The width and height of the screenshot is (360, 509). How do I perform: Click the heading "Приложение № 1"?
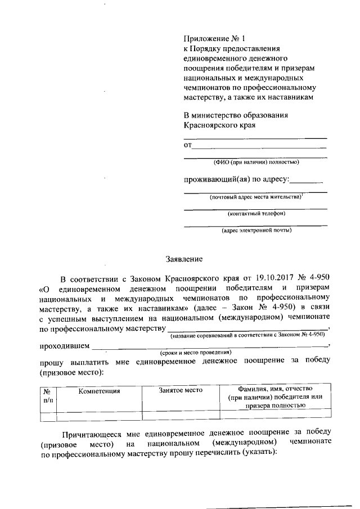215,39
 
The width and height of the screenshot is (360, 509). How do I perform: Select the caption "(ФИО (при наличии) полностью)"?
256,163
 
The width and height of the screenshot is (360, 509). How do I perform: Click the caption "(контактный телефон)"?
256,214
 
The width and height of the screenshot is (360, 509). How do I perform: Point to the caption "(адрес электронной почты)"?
256,230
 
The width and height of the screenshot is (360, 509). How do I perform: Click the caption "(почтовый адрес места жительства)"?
256,197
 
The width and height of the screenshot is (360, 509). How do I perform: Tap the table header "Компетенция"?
99,390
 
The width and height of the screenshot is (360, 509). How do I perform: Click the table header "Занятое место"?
180,390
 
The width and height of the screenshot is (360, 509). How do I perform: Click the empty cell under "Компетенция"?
99,416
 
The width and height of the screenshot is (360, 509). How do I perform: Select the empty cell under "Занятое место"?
180,416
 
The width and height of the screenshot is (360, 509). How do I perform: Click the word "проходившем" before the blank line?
64,345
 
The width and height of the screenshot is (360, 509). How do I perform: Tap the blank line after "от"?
259,146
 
